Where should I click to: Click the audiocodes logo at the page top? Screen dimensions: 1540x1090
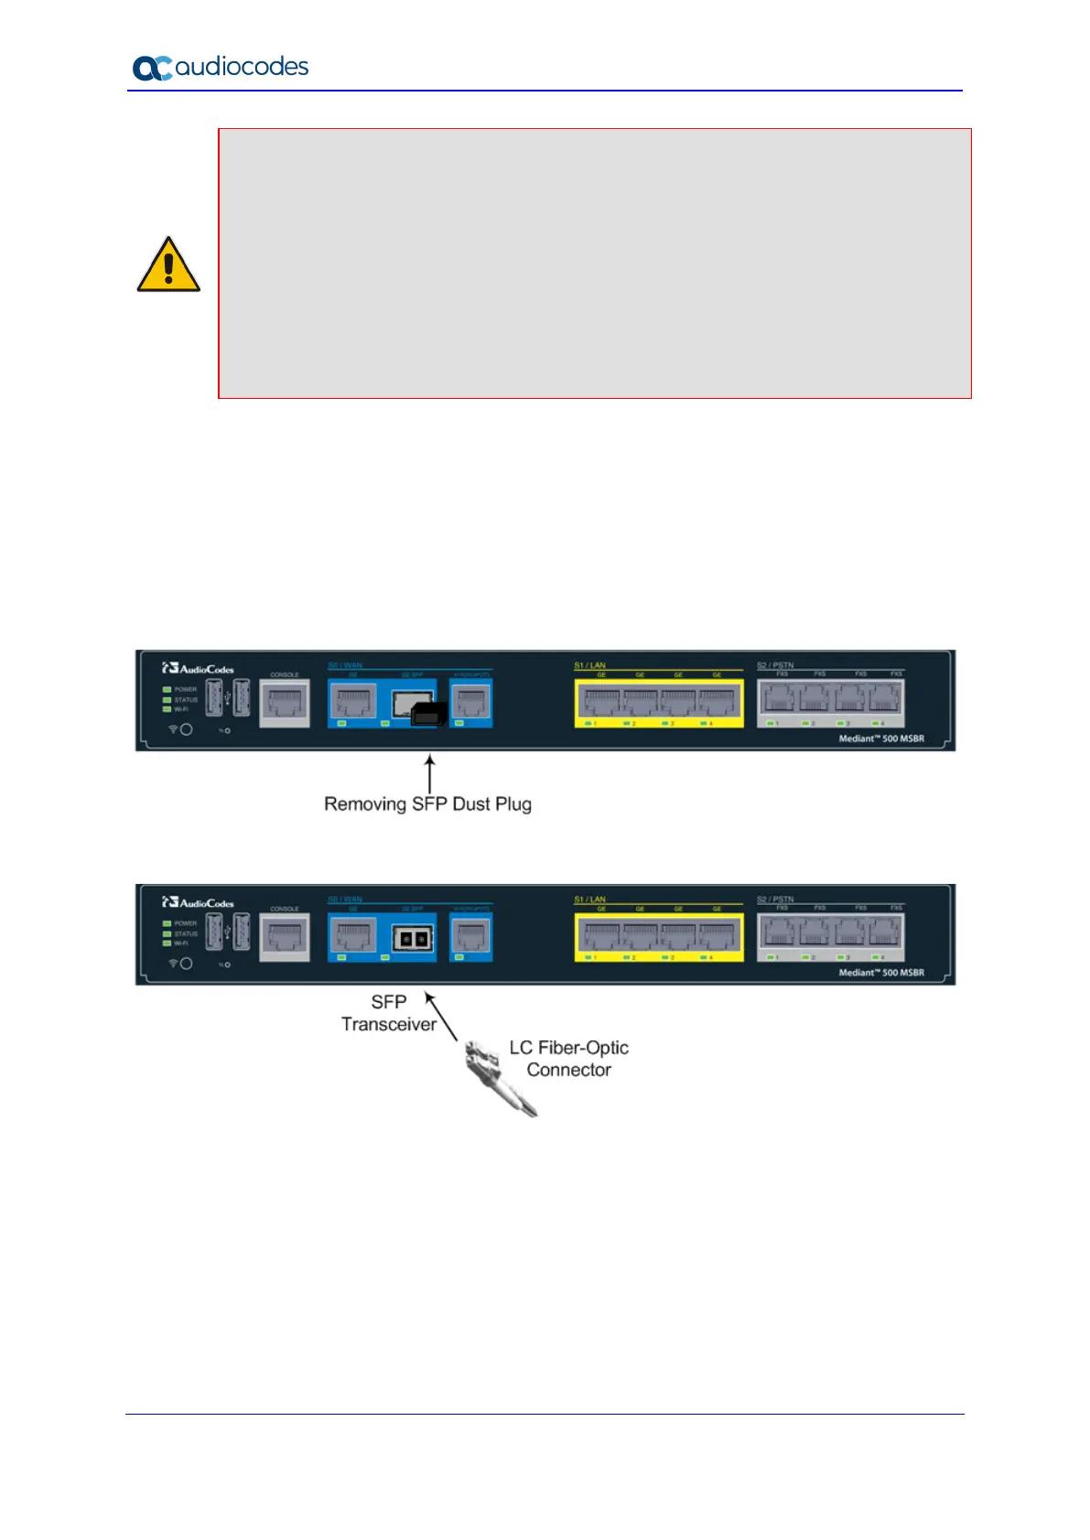point(221,68)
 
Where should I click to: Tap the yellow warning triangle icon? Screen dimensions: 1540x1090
point(168,265)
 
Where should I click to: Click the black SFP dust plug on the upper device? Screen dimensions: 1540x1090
point(428,714)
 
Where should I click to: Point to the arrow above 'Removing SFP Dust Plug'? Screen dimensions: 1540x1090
point(429,773)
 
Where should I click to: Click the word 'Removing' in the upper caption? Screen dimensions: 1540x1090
point(364,804)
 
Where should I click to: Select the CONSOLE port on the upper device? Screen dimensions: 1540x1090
point(285,704)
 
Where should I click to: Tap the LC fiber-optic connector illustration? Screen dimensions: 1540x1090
point(499,1076)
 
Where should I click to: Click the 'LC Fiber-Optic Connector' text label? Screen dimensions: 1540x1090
point(568,1059)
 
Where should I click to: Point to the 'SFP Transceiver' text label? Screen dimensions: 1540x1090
point(389,1014)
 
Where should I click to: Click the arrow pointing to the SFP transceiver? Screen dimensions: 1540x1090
point(441,1016)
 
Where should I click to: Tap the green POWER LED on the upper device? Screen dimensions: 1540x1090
point(167,689)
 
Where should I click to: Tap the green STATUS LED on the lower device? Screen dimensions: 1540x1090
point(167,933)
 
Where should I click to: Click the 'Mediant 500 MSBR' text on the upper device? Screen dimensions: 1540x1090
point(881,738)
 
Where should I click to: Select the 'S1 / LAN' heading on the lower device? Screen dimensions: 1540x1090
point(589,899)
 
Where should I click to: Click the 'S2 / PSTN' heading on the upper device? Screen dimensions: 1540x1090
point(775,665)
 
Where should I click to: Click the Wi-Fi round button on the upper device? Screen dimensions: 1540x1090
point(186,729)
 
